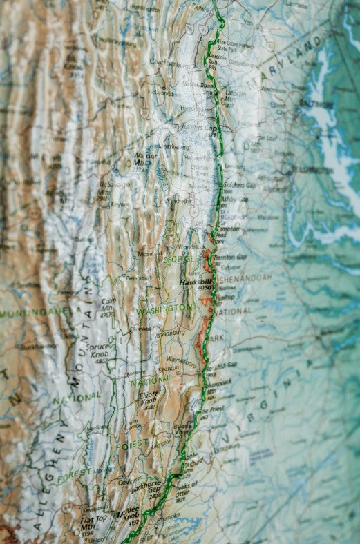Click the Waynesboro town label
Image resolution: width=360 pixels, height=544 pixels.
(x=182, y=360)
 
